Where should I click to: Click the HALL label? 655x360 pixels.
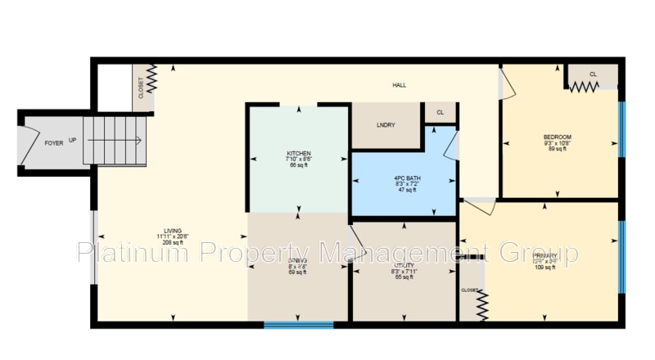[x=399, y=85]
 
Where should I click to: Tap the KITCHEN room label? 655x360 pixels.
[x=298, y=154]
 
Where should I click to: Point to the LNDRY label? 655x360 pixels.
[x=386, y=125]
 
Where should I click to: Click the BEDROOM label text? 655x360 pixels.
[x=557, y=137]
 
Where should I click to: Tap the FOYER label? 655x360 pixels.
[x=53, y=142]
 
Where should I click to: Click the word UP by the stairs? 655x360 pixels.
[x=73, y=140]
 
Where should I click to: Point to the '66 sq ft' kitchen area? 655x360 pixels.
[x=298, y=166]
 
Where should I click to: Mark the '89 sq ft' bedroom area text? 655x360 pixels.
[x=557, y=149]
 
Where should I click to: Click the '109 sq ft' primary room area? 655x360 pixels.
[x=545, y=268]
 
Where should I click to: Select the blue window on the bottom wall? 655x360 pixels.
[x=299, y=325]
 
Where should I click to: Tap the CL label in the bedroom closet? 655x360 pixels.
[x=593, y=74]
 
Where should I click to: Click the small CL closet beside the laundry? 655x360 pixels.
[x=440, y=113]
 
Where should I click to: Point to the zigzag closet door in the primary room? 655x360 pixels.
[x=481, y=307]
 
